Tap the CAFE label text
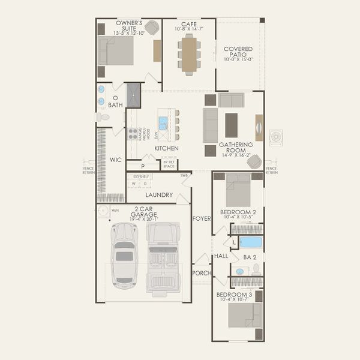coord(189,26)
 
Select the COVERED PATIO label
coord(238,53)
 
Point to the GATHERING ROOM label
coord(236,148)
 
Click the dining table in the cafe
coord(190,55)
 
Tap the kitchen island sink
coord(163,124)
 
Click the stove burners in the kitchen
coord(132,134)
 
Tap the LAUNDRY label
coord(158,195)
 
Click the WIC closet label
coord(116,160)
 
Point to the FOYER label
coord(202,218)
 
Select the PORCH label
coord(201,272)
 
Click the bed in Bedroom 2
coord(238,191)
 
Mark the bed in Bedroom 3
coord(246,314)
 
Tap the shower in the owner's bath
coord(133,95)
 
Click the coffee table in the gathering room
coord(232,125)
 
